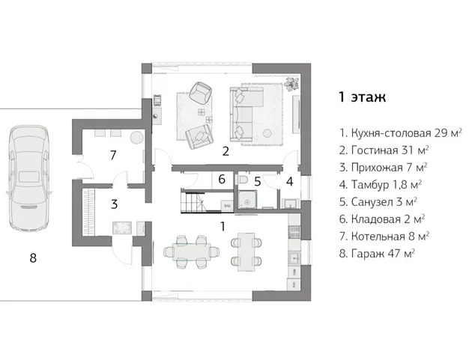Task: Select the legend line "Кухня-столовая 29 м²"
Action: tap(399, 133)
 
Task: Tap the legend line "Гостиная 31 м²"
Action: tap(384, 150)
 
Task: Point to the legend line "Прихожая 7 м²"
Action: tap(383, 167)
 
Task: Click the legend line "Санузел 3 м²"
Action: tap(378, 201)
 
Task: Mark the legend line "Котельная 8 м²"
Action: tap(384, 236)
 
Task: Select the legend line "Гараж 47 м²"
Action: tap(377, 253)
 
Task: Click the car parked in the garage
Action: tap(29, 177)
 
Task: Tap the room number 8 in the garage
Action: tap(32, 258)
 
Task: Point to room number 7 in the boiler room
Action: tap(112, 156)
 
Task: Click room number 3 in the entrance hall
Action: tap(114, 203)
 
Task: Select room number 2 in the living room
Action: tap(225, 151)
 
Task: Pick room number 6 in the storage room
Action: tap(222, 180)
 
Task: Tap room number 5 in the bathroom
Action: tap(256, 180)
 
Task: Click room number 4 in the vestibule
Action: tap(289, 180)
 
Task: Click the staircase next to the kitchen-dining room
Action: tap(193, 202)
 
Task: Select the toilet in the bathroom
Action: tap(243, 181)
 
